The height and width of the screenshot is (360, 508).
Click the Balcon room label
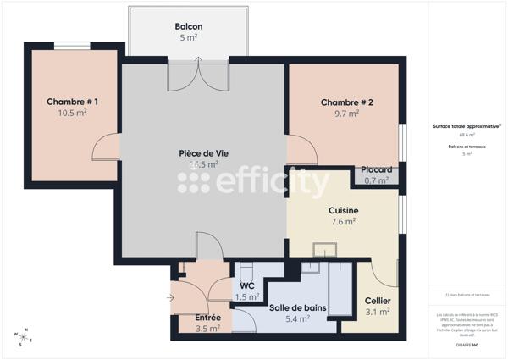pyautogui.click(x=188, y=26)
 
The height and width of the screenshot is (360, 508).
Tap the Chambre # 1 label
pyautogui.click(x=72, y=102)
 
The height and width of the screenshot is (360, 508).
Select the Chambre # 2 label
pyautogui.click(x=347, y=102)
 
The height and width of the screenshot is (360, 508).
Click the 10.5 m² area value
pyautogui.click(x=72, y=113)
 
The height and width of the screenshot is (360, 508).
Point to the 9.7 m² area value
pyautogui.click(x=347, y=113)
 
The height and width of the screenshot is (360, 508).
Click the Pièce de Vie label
pyautogui.click(x=203, y=153)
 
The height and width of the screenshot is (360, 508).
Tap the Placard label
pyautogui.click(x=377, y=169)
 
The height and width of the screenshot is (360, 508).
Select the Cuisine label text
pyautogui.click(x=343, y=211)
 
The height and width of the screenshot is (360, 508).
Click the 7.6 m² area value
pyautogui.click(x=343, y=221)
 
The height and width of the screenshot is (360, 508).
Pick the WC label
pyautogui.click(x=247, y=285)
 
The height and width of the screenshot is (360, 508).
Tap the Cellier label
pyautogui.click(x=378, y=302)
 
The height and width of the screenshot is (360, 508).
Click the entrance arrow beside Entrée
pyautogui.click(x=173, y=297)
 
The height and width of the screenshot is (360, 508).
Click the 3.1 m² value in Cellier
pyautogui.click(x=378, y=312)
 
